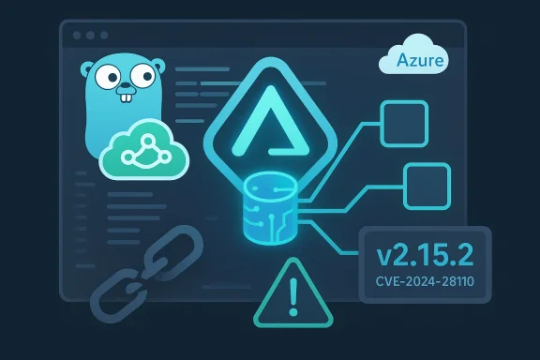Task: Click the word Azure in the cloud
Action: pos(413,62)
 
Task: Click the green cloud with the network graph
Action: pos(144,150)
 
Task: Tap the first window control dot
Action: pos(76,35)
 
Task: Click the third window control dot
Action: pos(104,35)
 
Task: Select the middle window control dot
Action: pos(90,35)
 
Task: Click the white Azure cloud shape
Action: pos(413,56)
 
